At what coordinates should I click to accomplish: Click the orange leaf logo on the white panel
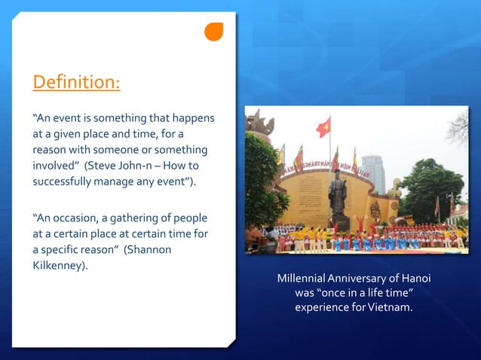click(x=214, y=32)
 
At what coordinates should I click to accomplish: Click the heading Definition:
click(x=75, y=81)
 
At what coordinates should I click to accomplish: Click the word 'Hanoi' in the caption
click(x=415, y=279)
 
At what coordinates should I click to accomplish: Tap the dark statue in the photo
click(x=337, y=191)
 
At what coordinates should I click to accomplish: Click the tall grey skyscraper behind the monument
click(x=372, y=172)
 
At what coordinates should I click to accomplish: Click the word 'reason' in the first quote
click(x=50, y=149)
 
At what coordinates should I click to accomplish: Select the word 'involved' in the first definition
click(x=56, y=165)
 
